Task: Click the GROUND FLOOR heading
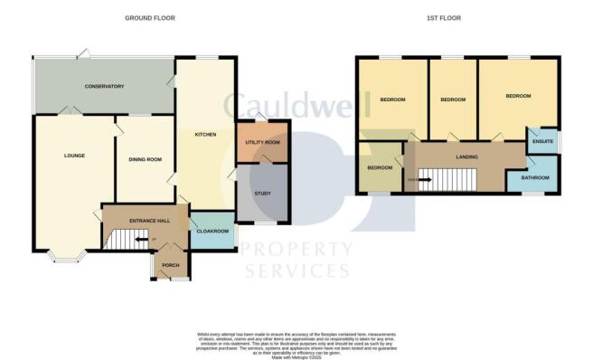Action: click(x=151, y=17)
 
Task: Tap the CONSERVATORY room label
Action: click(x=104, y=86)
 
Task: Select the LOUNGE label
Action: click(x=74, y=156)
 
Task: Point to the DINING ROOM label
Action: click(x=144, y=160)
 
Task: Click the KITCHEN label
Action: click(x=206, y=135)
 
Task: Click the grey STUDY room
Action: click(x=263, y=193)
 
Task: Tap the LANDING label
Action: click(x=466, y=157)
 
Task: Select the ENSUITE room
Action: click(x=542, y=142)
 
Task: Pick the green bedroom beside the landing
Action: click(x=380, y=168)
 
